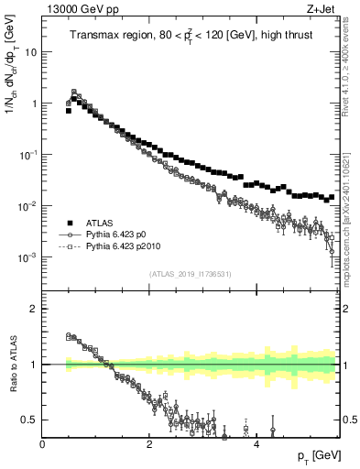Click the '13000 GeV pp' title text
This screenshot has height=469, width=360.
point(76,8)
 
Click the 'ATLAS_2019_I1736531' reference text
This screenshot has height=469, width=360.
point(189,273)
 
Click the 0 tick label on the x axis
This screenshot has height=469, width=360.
point(42,444)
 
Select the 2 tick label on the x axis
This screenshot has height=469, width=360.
point(149,444)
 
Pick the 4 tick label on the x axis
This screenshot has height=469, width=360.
point(256,444)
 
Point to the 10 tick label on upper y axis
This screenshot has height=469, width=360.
point(29,52)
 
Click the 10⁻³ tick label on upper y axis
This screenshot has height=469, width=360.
point(27,257)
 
